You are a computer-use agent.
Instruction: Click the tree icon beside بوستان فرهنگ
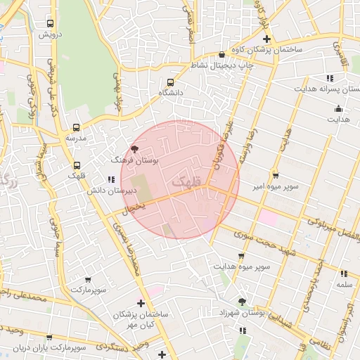tap(135, 149)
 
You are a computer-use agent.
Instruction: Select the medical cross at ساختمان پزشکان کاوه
tap(266, 39)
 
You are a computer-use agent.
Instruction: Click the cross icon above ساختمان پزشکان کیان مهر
tap(141, 303)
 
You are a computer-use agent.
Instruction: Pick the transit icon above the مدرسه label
tap(76, 128)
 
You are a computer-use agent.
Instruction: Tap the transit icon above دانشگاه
tap(171, 82)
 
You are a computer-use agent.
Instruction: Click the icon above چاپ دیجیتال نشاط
tap(222, 54)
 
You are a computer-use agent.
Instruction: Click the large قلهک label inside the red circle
tap(186, 182)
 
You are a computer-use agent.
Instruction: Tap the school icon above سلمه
tap(344, 274)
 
